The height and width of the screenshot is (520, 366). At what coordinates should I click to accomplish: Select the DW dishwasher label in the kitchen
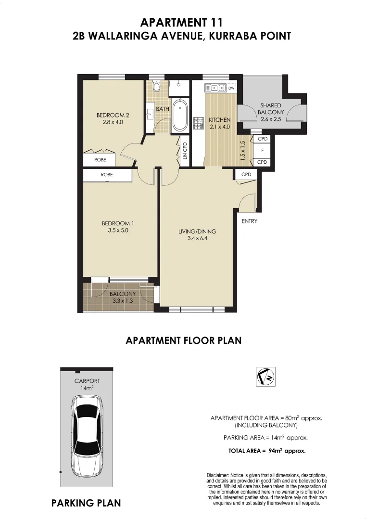(231, 88)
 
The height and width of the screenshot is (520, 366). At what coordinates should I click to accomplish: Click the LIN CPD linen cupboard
(184, 150)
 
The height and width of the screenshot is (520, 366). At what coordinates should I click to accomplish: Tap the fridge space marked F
(262, 150)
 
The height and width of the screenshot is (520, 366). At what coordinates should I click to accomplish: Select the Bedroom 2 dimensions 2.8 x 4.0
(113, 122)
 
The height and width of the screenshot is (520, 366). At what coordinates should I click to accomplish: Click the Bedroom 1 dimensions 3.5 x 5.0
(117, 230)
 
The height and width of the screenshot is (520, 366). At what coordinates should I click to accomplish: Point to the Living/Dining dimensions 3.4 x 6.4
(197, 238)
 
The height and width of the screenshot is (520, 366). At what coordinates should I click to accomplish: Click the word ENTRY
(250, 221)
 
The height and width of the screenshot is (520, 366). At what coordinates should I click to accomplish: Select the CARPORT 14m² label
(87, 384)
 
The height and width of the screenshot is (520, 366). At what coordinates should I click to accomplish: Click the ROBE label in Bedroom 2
(100, 159)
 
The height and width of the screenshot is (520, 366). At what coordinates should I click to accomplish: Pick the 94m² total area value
(275, 451)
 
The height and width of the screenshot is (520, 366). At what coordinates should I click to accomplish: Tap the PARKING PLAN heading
(86, 503)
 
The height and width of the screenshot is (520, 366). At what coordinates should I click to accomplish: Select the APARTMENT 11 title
(181, 22)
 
